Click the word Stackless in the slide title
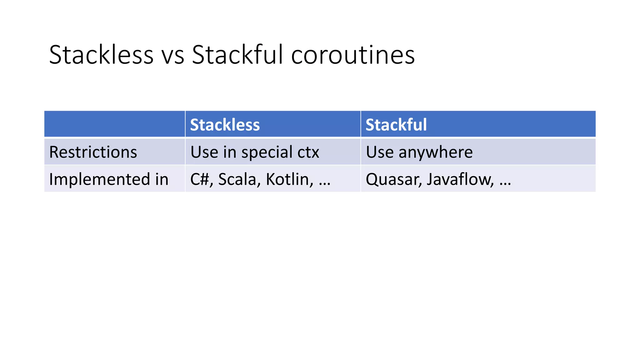click(101, 55)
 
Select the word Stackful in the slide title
click(237, 55)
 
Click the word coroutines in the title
click(353, 55)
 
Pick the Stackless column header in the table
click(225, 125)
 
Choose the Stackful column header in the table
click(396, 125)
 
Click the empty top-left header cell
click(114, 124)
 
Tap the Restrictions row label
click(93, 152)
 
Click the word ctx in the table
click(308, 152)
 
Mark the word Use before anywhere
click(379, 152)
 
